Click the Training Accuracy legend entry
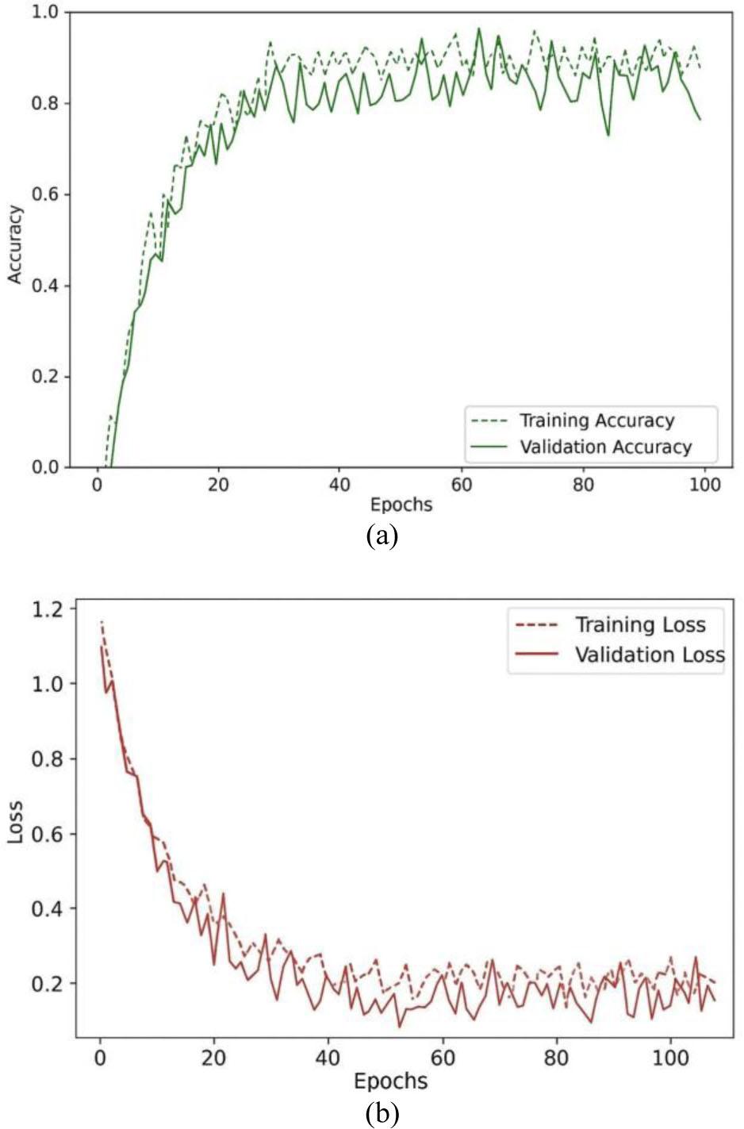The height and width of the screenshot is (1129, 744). [x=596, y=420]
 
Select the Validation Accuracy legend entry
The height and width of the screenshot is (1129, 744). [x=605, y=447]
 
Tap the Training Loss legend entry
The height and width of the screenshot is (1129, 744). [x=640, y=625]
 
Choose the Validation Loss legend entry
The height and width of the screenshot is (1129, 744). [x=650, y=655]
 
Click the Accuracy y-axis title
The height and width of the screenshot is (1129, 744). [x=15, y=244]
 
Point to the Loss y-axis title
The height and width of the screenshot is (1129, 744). [x=15, y=822]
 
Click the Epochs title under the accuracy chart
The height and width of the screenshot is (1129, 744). [x=401, y=505]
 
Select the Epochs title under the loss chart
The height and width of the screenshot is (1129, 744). [x=390, y=1081]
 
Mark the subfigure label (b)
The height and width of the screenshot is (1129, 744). [x=382, y=1112]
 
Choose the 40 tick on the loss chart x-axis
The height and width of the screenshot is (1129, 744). [x=328, y=1059]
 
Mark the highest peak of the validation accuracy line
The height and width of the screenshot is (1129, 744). [x=478, y=29]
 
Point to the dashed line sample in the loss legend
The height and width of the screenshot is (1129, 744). [x=537, y=625]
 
